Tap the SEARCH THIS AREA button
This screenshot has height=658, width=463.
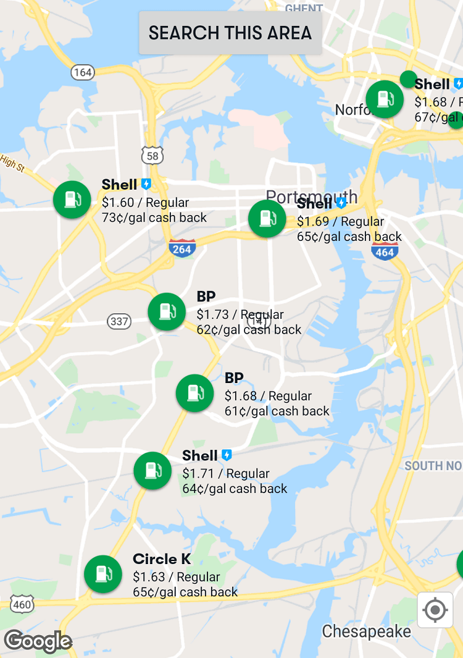pos(230,33)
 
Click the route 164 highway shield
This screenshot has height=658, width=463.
pos(82,72)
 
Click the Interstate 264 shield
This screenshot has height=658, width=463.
pos(182,248)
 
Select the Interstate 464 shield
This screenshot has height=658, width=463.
pos(385,251)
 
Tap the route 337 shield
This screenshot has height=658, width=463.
pos(119,321)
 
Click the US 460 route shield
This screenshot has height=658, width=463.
pos(22,604)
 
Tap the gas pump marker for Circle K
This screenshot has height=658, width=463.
pos(103,574)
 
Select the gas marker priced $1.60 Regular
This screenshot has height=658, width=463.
pos(72,200)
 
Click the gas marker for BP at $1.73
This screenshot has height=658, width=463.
pos(167,311)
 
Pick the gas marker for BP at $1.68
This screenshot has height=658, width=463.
pos(195,393)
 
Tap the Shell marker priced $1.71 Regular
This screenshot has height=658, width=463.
pos(152,471)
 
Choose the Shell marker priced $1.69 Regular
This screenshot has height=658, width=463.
pos(267,219)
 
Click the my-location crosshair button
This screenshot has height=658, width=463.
pos(435,610)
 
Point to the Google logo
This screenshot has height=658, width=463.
pos(38,641)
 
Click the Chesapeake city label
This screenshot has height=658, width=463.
pos(366,631)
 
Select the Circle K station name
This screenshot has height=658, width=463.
pos(162,559)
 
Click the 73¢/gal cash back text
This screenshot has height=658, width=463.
pos(154,217)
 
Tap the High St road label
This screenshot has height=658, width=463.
pos(12,162)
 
